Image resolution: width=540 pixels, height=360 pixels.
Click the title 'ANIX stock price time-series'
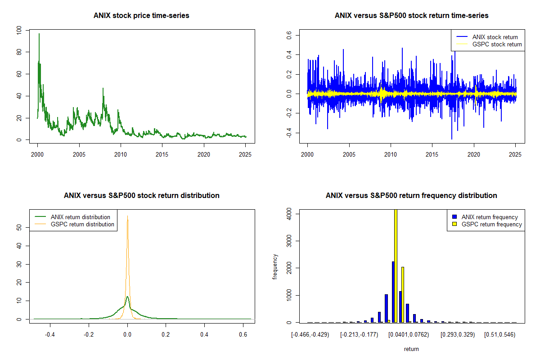pyautogui.click(x=141, y=16)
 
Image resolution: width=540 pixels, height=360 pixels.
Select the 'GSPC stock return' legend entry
pyautogui.click(x=497, y=44)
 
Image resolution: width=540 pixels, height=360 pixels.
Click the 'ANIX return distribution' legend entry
pyautogui.click(x=80, y=217)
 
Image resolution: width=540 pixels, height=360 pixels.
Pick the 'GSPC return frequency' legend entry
pyautogui.click(x=491, y=224)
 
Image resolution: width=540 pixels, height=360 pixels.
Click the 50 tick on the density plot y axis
pyautogui.click(x=18, y=228)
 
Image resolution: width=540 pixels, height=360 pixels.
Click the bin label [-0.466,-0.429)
pyautogui.click(x=310, y=335)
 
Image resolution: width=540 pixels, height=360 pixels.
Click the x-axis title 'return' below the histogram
pyautogui.click(x=411, y=349)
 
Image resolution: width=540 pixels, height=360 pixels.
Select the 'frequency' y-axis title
pyautogui.click(x=275, y=267)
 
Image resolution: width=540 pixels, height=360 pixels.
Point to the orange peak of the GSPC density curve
pyautogui.click(x=127, y=217)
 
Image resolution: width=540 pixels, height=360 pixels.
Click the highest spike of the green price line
pyautogui.click(x=39, y=34)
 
